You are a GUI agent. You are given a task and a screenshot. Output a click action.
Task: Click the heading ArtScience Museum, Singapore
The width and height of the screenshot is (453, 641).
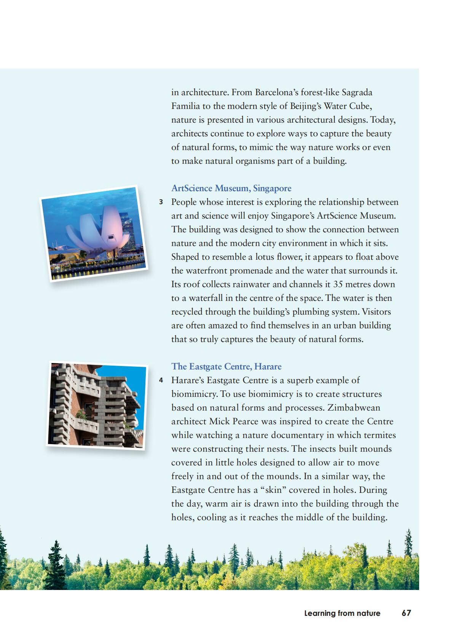coord(231,188)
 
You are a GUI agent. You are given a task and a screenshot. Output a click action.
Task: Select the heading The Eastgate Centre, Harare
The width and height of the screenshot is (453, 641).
coord(226,366)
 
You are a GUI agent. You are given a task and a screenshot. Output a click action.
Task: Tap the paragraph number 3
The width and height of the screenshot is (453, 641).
coord(161,202)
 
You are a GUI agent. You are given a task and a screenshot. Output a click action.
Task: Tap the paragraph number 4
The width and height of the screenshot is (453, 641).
coord(161,380)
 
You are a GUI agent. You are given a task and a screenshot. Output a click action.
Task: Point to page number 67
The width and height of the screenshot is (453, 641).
coord(406,613)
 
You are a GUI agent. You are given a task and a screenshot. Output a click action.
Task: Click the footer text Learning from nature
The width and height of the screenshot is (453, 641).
coord(342,613)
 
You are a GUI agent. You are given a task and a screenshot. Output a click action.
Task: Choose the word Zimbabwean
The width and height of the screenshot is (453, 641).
coord(354,408)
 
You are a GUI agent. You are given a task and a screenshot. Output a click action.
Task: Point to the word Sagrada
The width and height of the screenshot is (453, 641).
coord(357,93)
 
